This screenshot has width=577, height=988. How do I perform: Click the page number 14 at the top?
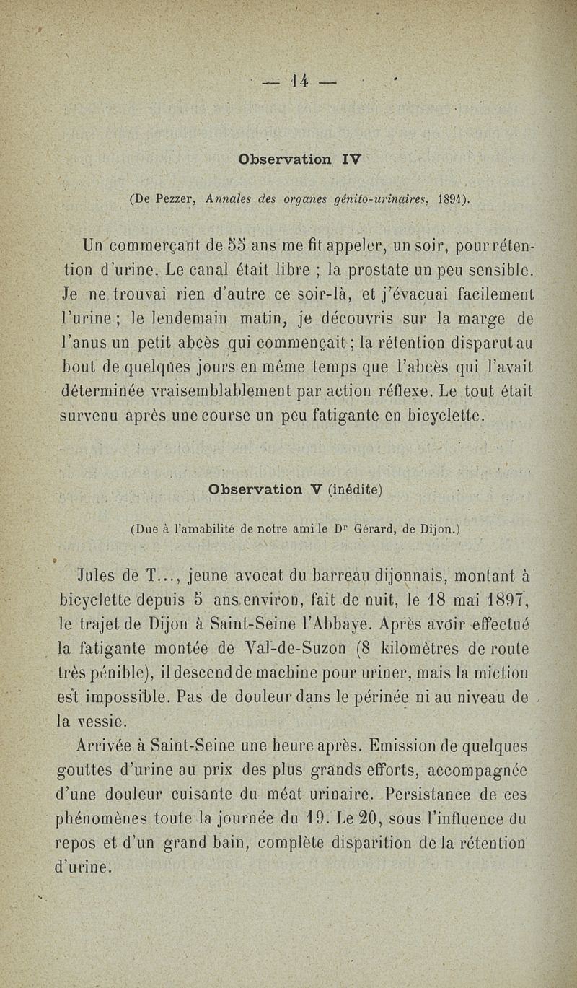point(299,80)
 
